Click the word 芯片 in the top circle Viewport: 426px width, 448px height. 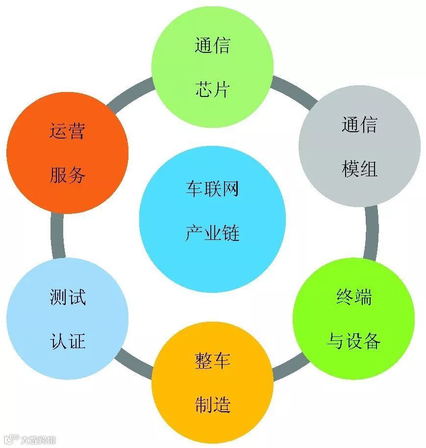coord(212,90)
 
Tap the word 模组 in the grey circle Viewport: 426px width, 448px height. coord(359,169)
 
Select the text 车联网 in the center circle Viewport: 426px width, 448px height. coord(212,189)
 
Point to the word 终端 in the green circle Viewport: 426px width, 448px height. coord(354,297)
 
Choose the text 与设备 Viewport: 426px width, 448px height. coord(353,341)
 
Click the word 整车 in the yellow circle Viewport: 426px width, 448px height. coord(212,361)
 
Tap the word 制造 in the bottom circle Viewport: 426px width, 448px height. coord(212,405)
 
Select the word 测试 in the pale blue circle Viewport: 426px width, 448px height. coord(68,297)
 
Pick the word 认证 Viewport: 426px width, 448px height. coord(68,341)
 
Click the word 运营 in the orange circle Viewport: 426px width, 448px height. coord(67,131)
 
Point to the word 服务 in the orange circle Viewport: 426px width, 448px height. coord(67,175)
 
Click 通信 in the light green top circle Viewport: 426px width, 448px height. coord(212,46)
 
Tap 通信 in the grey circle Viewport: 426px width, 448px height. coord(359,125)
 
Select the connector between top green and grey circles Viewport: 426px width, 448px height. coord(294,90)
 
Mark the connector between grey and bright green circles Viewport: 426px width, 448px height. coord(371,233)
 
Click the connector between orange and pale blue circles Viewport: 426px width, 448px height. coord(58,236)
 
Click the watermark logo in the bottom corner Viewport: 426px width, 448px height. coord(11,439)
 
